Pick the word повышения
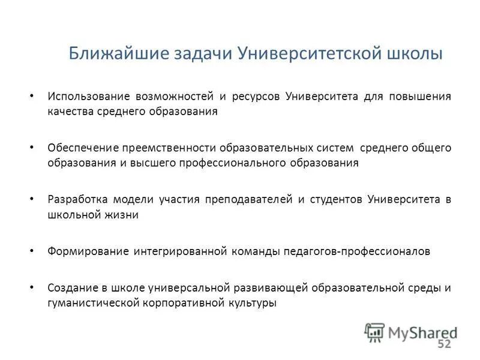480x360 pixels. pos(419,96)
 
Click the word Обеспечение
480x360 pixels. pos(83,147)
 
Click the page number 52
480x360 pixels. pos(444,344)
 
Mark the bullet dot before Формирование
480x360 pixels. pos(32,251)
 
